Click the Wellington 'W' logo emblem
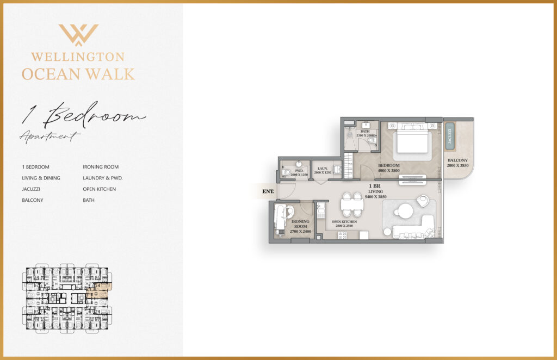[78, 34]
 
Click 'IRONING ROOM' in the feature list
[101, 167]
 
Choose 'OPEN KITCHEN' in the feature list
[99, 189]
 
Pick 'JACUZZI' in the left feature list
[32, 189]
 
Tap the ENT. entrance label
[268, 191]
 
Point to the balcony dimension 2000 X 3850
[457, 166]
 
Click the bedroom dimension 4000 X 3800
[389, 171]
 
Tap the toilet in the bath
[372, 141]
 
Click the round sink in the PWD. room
[299, 164]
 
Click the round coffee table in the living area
[404, 211]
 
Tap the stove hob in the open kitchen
[343, 235]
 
